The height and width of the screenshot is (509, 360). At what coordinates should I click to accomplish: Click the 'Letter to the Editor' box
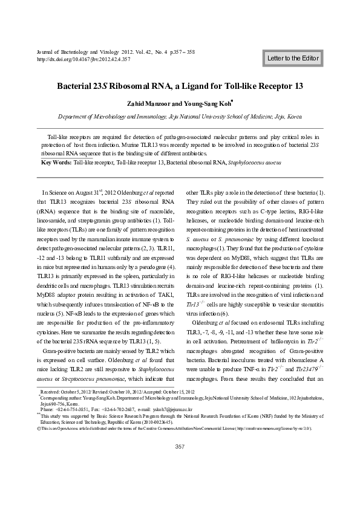293,58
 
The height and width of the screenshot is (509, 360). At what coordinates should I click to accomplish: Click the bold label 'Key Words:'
55,163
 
